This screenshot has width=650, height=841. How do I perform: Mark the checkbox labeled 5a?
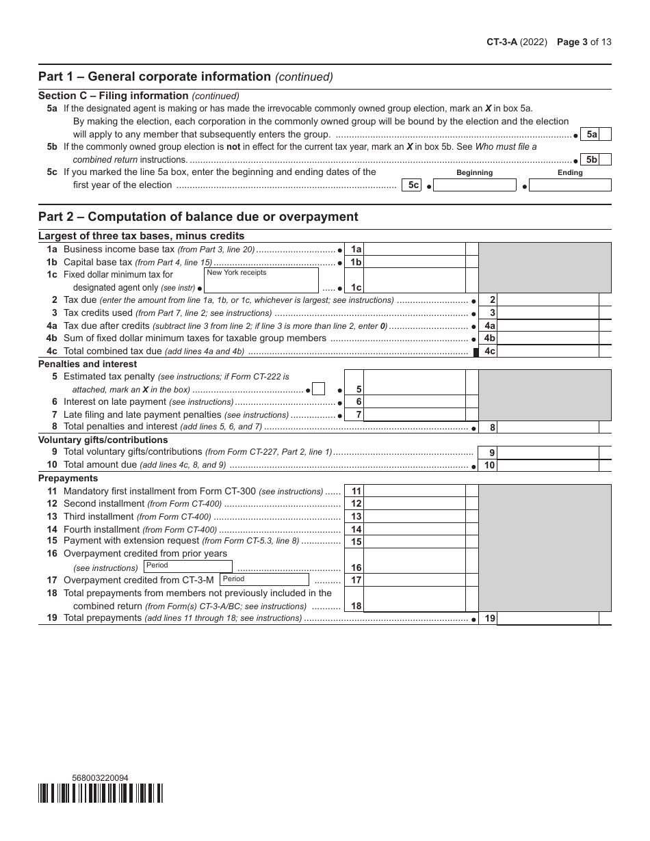(x=606, y=135)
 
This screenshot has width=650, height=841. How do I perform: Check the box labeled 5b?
(x=606, y=160)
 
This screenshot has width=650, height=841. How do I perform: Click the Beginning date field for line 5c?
(x=475, y=185)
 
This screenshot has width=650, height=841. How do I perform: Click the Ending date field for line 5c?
(x=570, y=185)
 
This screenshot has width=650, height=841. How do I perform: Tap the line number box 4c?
(x=489, y=351)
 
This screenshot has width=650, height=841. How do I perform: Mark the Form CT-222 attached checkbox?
(x=318, y=389)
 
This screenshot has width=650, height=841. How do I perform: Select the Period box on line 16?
(x=188, y=567)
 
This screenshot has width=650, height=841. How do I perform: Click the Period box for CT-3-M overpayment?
(x=264, y=580)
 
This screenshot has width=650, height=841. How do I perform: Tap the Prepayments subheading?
(x=68, y=478)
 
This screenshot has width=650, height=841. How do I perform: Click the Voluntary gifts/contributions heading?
(x=103, y=440)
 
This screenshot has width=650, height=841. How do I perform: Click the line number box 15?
(x=356, y=542)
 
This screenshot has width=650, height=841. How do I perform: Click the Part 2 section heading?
(x=198, y=217)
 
